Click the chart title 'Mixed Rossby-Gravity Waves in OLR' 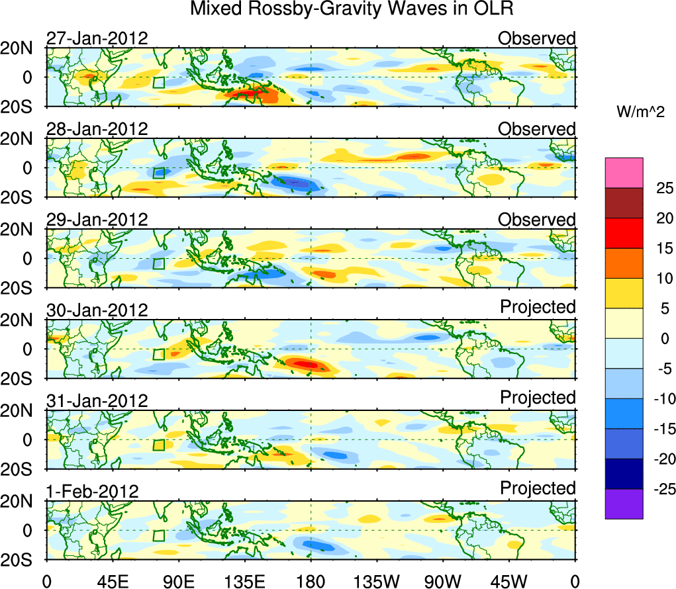point(352,9)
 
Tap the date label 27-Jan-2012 point(97,38)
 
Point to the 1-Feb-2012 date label point(92,492)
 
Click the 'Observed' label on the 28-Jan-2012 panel point(536,129)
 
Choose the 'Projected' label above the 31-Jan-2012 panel point(538,398)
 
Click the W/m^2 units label point(640,113)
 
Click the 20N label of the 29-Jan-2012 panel point(22,230)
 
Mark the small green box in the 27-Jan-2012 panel point(158,82)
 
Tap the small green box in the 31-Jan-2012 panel point(158,445)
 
